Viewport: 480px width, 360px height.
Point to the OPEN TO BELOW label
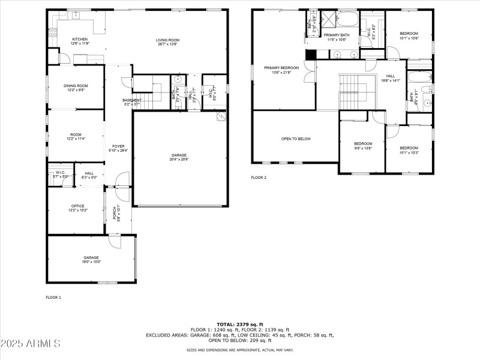[x=296, y=139]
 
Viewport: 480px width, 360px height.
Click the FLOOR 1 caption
[x=53, y=297]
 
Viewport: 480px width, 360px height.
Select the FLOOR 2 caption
[x=259, y=178]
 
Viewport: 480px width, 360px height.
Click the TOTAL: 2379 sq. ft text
[x=240, y=324]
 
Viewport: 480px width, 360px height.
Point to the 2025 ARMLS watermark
[x=31, y=344]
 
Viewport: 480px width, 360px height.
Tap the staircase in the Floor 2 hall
[x=353, y=92]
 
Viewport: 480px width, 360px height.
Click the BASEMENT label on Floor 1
[x=132, y=101]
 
